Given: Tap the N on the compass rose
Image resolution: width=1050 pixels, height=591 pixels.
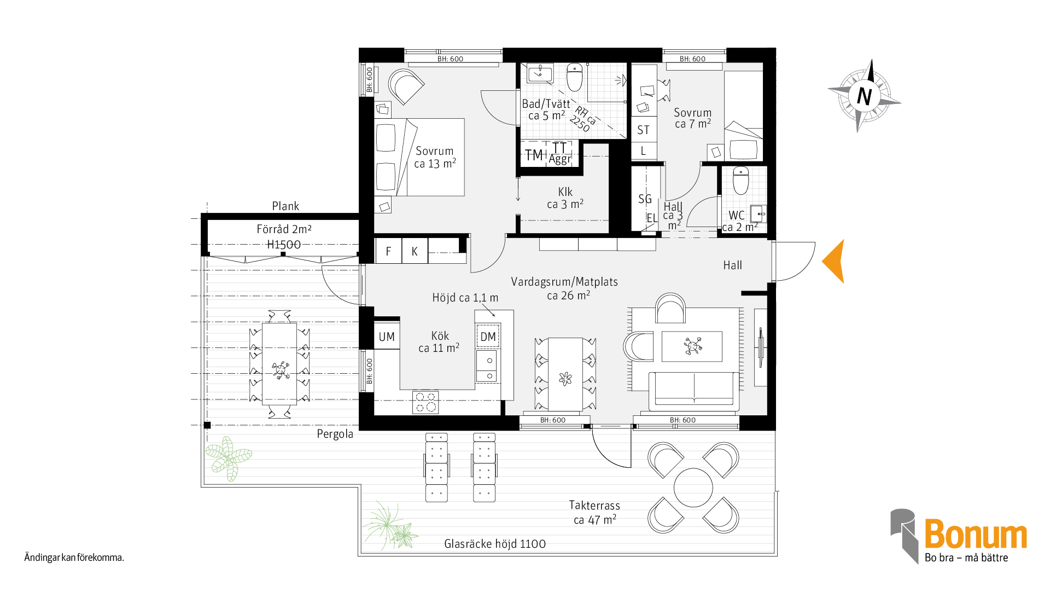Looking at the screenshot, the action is [x=864, y=96].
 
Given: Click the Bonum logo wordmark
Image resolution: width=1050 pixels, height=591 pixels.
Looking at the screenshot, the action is [x=976, y=534].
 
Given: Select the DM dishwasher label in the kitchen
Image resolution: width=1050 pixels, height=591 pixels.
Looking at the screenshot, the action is [x=488, y=337].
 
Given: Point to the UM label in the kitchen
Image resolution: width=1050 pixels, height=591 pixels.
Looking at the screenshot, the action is [x=387, y=337].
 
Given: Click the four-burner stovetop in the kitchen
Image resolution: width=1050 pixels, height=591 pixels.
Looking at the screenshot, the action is [x=425, y=402].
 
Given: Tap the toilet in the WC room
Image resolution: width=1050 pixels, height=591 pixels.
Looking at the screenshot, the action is [x=740, y=181].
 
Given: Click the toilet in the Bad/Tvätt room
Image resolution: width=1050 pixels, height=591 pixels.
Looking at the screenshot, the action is [x=575, y=77].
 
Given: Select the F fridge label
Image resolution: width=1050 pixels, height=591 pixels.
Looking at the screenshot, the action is [x=388, y=252].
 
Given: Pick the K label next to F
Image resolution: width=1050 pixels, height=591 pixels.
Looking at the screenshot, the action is [x=415, y=252].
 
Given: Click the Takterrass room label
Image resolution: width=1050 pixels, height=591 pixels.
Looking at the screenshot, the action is [x=594, y=505].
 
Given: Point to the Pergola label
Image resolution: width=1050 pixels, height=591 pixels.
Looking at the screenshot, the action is [x=335, y=434].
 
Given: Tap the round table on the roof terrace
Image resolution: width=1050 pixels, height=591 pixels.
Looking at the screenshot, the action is [x=693, y=488].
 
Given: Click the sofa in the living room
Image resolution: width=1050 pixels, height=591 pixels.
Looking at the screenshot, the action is [x=694, y=391].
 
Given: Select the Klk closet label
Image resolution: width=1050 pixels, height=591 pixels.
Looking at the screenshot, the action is [x=565, y=192].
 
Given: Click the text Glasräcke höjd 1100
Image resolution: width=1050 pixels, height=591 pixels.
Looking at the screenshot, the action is [x=495, y=544].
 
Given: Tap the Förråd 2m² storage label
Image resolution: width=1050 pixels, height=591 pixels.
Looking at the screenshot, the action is [x=284, y=229].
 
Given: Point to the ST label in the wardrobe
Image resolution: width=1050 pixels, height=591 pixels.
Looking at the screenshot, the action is [x=643, y=130].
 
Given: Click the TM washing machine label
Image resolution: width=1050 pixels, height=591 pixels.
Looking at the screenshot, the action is [x=534, y=155].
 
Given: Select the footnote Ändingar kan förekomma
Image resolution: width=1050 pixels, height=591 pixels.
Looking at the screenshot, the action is [x=74, y=558].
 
